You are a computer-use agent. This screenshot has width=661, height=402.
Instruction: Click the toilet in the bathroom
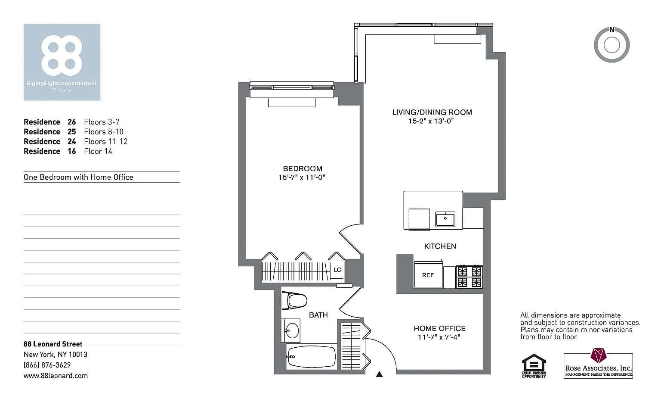click(294, 301)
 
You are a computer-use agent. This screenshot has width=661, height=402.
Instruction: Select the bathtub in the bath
click(312, 357)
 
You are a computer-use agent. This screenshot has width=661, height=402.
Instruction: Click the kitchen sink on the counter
click(445, 219)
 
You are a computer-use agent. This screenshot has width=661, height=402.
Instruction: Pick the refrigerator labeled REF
click(429, 274)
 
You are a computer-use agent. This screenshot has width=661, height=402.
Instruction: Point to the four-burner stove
click(469, 277)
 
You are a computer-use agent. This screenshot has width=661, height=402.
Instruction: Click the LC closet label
click(337, 270)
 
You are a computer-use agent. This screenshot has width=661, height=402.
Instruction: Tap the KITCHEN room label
click(440, 246)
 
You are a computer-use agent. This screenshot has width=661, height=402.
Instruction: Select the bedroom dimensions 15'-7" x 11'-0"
click(302, 177)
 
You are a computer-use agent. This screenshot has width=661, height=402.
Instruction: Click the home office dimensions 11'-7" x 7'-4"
click(439, 337)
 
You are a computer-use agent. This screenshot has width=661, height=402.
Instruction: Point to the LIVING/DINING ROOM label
click(432, 112)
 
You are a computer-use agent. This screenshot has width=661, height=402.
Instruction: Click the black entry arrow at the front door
click(380, 374)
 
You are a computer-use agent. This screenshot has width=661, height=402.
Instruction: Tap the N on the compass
click(612, 30)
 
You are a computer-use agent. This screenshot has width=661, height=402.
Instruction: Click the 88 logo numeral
click(62, 55)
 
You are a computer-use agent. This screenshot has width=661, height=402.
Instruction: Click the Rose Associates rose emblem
click(599, 355)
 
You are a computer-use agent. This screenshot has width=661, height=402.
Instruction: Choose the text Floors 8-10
click(104, 132)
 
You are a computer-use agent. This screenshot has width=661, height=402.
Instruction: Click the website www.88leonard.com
click(56, 376)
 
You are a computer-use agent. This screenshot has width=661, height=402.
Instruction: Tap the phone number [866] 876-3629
click(47, 365)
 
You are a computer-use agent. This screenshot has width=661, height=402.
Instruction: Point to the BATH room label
click(318, 315)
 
